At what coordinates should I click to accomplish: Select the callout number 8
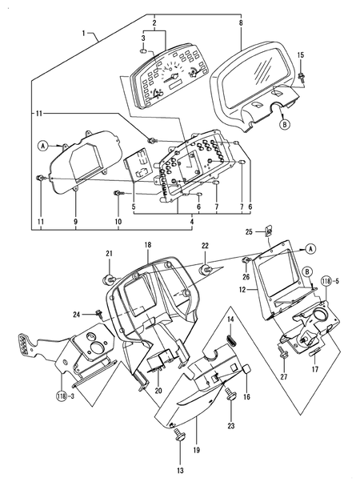point(241,24)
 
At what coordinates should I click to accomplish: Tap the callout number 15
point(300,54)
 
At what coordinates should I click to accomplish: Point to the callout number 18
point(147,243)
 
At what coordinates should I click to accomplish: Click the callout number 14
point(230,319)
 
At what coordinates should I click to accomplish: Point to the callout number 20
point(158,390)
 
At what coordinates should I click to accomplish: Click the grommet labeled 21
point(107,279)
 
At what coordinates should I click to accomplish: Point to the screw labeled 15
point(305,77)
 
